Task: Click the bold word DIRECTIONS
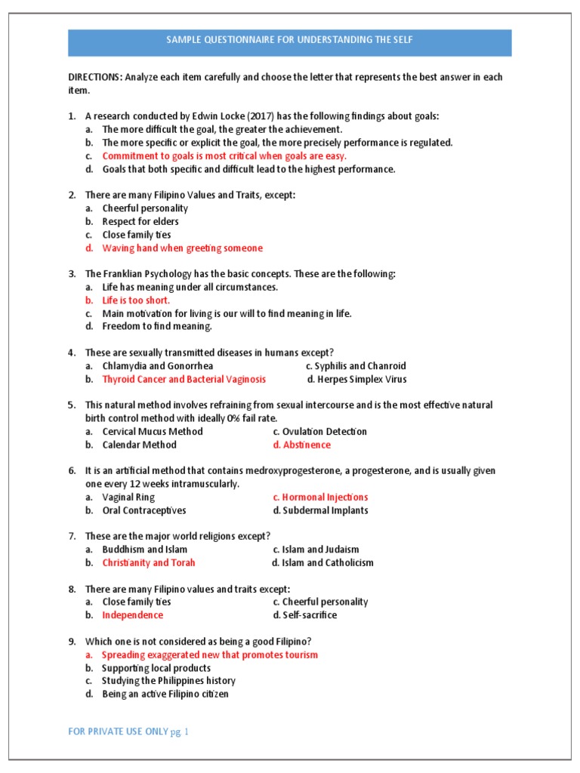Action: [x=94, y=77]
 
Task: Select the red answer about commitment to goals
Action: [x=224, y=156]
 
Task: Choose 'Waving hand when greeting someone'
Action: [x=183, y=248]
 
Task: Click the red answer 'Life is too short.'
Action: [x=136, y=300]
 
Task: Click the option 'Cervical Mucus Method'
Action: [x=153, y=432]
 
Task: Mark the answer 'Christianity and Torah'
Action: [x=149, y=562]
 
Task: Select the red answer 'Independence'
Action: [x=133, y=614]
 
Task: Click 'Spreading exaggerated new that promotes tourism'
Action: [x=210, y=654]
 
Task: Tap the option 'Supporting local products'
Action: [x=156, y=668]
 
